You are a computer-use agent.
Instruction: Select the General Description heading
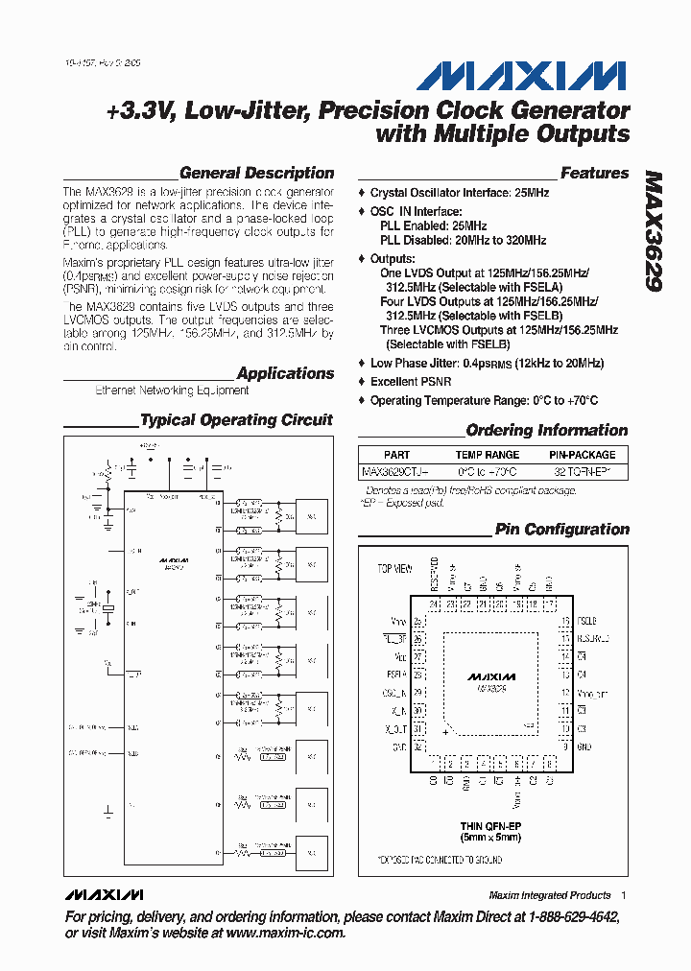[x=256, y=174]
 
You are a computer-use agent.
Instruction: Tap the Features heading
[x=594, y=174]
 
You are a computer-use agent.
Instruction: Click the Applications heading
[x=285, y=373]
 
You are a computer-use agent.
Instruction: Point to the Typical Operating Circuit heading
[x=236, y=420]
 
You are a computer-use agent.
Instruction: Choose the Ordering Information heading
[x=546, y=431]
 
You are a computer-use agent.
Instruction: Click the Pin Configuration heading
[x=561, y=530]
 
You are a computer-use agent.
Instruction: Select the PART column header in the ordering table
[x=396, y=455]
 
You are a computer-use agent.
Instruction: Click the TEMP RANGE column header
[x=487, y=455]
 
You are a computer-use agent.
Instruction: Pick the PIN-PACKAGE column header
[x=582, y=455]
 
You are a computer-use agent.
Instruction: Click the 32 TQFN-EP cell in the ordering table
[x=582, y=472]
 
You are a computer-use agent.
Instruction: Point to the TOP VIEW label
[x=394, y=569]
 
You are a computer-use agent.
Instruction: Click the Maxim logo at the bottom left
[x=104, y=895]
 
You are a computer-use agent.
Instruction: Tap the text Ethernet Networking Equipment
[x=172, y=391]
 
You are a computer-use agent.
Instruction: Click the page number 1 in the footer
[x=624, y=895]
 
